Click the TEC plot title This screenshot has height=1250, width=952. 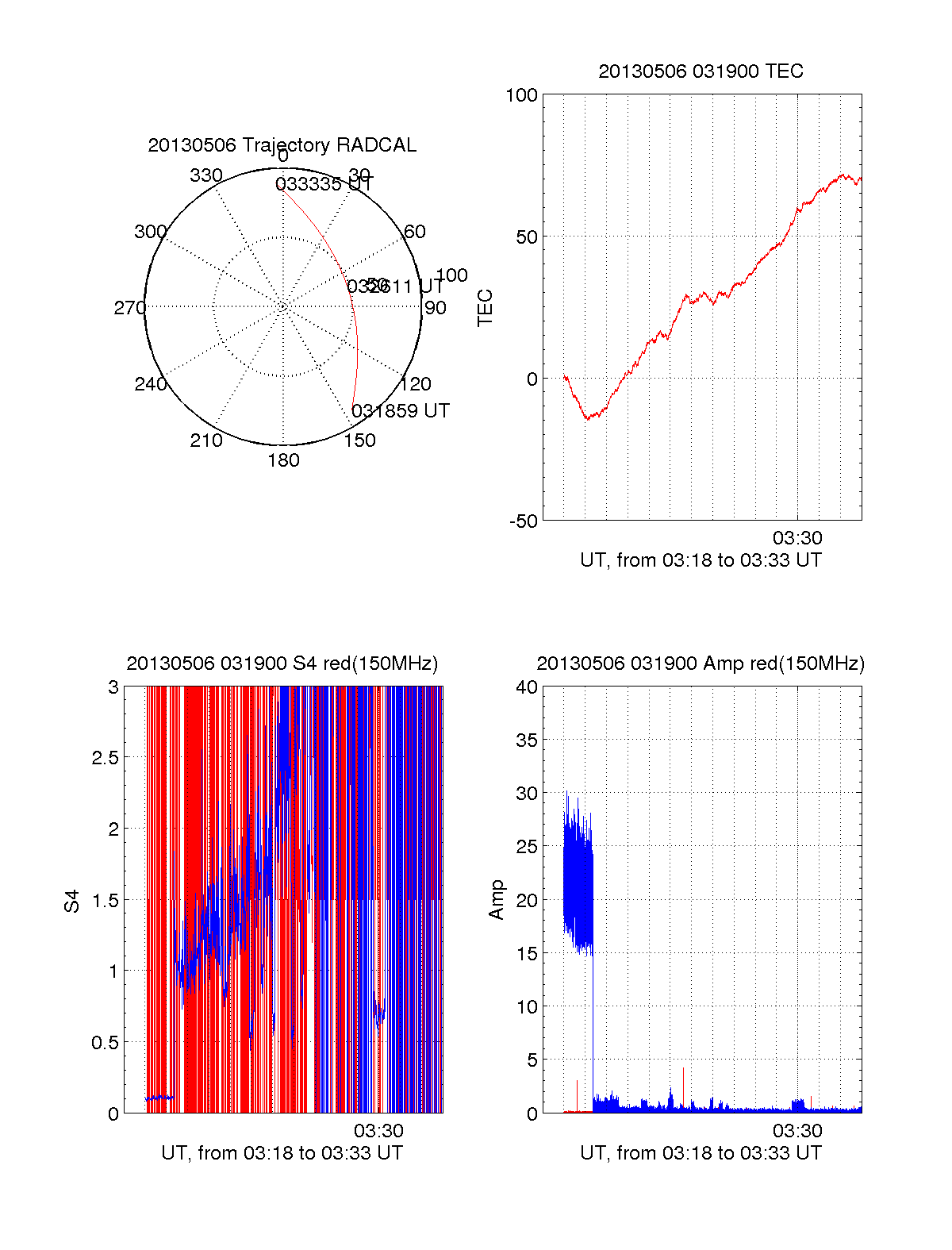[x=701, y=71]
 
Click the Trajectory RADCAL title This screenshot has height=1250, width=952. [x=282, y=145]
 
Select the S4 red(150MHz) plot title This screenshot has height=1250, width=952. [x=282, y=663]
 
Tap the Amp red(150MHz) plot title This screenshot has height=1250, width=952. [x=701, y=663]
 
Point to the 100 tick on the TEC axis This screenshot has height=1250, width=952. [x=521, y=95]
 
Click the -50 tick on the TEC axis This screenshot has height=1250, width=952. [x=523, y=521]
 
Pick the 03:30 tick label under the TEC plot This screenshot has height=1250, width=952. [x=797, y=538]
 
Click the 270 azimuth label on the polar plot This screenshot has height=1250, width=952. [x=129, y=308]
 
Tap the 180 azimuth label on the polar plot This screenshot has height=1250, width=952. [x=283, y=460]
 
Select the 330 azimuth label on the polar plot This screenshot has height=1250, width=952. [x=206, y=175]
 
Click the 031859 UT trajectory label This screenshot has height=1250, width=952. [x=401, y=411]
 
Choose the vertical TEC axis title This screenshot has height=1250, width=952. [x=485, y=308]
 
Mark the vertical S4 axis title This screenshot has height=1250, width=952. [x=72, y=901]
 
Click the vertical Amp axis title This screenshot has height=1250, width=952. [x=497, y=900]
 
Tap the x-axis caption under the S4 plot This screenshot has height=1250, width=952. [x=282, y=1153]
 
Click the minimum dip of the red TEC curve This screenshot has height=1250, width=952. [x=588, y=417]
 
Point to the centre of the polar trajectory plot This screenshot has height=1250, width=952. [x=283, y=306]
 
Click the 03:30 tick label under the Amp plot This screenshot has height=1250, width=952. [x=797, y=1131]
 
